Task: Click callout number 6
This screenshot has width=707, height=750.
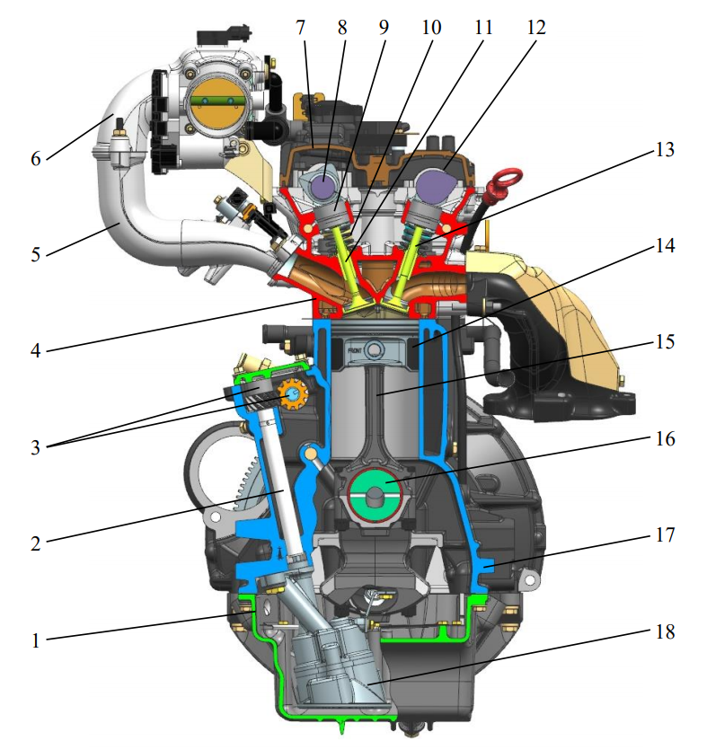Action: click(36, 158)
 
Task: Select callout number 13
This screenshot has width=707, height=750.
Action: click(664, 149)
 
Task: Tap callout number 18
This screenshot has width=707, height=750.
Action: click(664, 631)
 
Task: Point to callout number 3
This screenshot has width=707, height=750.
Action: click(36, 446)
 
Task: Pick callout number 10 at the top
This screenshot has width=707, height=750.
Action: click(431, 27)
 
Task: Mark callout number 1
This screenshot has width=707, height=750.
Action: click(36, 641)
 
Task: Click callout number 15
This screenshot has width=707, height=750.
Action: click(664, 341)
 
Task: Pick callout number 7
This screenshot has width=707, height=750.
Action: click(301, 27)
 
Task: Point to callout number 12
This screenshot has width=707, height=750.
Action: click(535, 27)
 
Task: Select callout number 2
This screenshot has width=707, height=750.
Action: click(36, 543)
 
